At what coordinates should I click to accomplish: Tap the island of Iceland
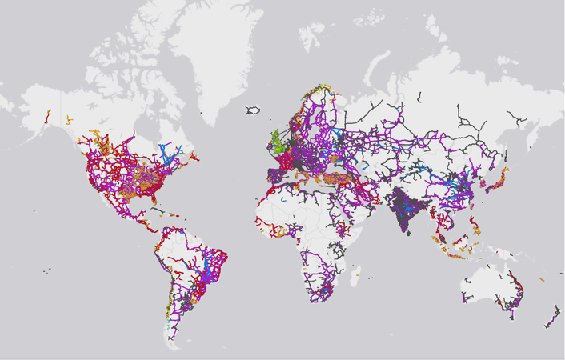(x=255, y=110)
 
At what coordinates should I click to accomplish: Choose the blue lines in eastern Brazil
(x=212, y=264)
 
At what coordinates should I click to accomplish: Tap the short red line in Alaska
(x=49, y=115)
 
